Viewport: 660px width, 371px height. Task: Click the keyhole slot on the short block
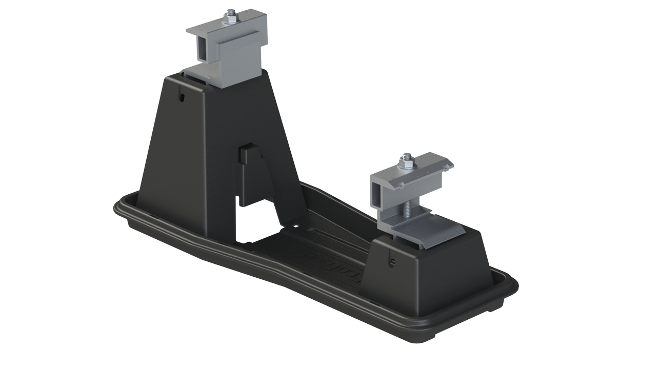click(393, 262)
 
